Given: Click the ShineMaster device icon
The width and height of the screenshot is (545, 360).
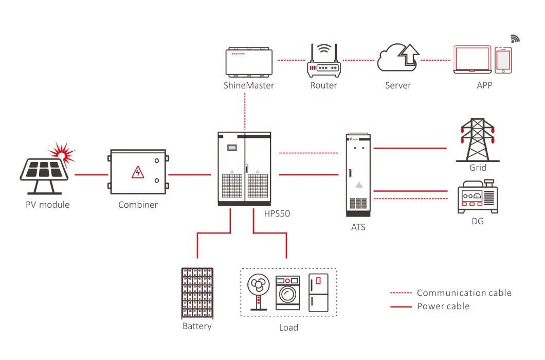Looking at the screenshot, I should click(249, 61).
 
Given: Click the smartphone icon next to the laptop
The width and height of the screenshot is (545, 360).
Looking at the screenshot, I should click(503, 60).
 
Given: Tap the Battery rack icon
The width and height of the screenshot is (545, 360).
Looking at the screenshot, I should click(197, 293).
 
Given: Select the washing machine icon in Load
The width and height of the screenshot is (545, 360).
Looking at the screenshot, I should click(287, 293).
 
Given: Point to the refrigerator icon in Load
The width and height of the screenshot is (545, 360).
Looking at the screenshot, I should click(318, 292).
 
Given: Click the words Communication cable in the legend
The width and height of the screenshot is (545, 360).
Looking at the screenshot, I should click(464, 293).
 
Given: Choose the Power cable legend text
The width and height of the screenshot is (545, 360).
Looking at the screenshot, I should click(443, 307).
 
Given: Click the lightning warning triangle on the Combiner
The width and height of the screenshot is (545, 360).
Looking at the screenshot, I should click(138, 172).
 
